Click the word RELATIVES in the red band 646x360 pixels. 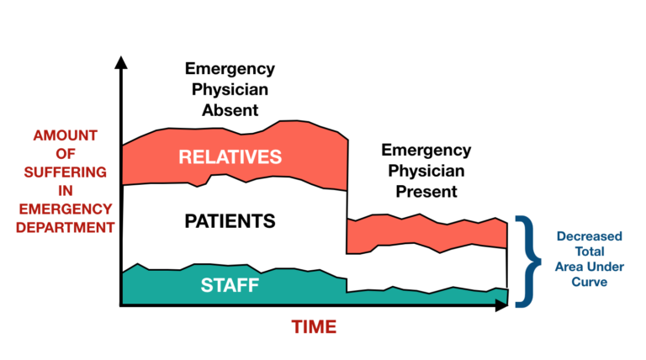[230, 157]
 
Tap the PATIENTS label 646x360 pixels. [230, 221]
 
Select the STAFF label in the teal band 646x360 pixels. [230, 285]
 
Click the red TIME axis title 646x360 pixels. [314, 326]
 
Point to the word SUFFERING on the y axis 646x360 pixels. [65, 171]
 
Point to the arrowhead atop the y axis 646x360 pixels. [122, 61]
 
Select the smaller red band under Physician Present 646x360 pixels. [427, 234]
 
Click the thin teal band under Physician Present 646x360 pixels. [427, 295]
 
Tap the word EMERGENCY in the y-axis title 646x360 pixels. [65, 208]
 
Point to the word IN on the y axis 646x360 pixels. [65, 189]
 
